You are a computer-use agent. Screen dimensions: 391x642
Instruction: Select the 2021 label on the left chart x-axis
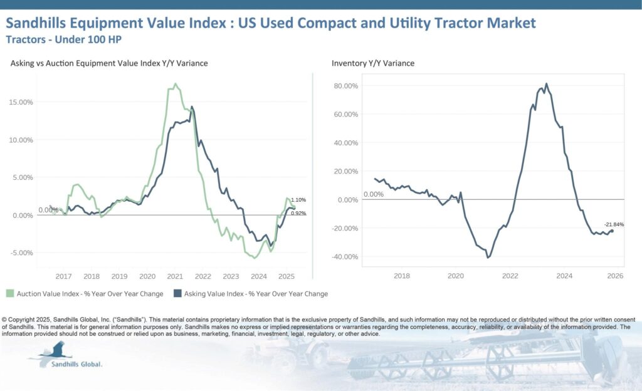175,276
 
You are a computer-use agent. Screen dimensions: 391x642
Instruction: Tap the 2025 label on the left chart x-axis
287,276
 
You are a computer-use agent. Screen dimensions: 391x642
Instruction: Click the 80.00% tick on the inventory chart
345,86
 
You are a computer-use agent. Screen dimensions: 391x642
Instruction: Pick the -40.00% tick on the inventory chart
345,257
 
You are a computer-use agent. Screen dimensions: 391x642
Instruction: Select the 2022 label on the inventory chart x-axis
509,276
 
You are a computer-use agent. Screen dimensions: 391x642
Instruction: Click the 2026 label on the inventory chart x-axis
615,276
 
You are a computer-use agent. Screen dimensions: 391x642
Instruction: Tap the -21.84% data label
614,224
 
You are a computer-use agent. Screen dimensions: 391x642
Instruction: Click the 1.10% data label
298,200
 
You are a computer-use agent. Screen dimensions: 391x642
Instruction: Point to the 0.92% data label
298,214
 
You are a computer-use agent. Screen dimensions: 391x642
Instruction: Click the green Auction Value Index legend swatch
10,294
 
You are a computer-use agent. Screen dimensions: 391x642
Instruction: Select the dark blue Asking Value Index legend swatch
177,294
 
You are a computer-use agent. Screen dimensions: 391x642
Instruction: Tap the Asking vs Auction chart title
109,63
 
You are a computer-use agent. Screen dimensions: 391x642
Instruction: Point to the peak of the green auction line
175,83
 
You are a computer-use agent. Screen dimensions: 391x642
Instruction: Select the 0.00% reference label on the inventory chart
373,194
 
